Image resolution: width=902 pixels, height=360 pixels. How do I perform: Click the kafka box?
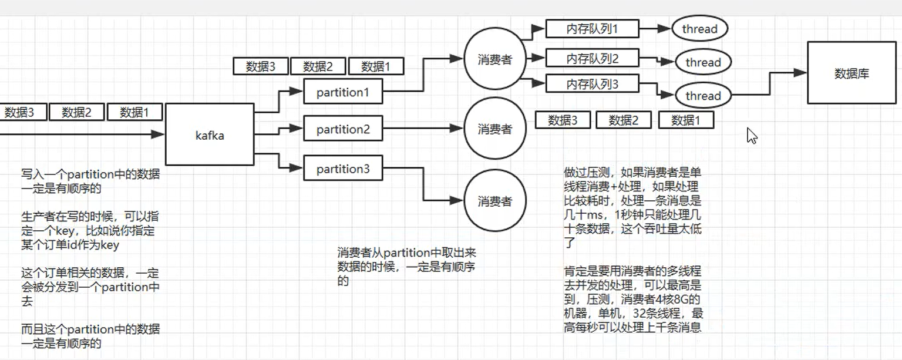(x=210, y=134)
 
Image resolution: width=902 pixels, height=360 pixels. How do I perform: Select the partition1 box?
(x=343, y=92)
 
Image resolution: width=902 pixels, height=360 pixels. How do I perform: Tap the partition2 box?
(x=343, y=129)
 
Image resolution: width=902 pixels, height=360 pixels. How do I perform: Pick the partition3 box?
(x=343, y=169)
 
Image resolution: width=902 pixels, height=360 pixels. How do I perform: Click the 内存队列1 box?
(x=592, y=28)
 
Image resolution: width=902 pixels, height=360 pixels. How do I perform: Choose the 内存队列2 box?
(x=592, y=58)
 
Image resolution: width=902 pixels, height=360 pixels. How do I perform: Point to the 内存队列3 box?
(x=592, y=84)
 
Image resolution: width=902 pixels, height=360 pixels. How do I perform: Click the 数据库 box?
(x=851, y=73)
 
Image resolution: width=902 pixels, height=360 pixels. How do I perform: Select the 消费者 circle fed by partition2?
(x=495, y=129)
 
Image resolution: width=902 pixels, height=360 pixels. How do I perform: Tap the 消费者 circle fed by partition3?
(x=495, y=201)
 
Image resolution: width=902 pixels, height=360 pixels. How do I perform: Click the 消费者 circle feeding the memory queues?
(x=495, y=59)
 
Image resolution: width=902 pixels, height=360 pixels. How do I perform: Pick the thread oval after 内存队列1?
(x=699, y=29)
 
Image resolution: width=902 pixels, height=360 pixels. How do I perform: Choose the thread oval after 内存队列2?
(x=703, y=62)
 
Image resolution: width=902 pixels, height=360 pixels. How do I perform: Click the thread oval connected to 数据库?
(x=703, y=96)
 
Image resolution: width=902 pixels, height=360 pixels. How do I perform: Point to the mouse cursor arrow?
(x=751, y=136)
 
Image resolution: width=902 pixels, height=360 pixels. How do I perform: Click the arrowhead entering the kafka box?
(x=157, y=134)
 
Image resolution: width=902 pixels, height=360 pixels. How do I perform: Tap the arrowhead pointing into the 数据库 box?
(x=800, y=73)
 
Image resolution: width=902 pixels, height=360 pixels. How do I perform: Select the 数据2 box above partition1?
(x=318, y=66)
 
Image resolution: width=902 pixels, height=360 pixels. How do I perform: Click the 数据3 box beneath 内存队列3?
(x=563, y=120)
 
